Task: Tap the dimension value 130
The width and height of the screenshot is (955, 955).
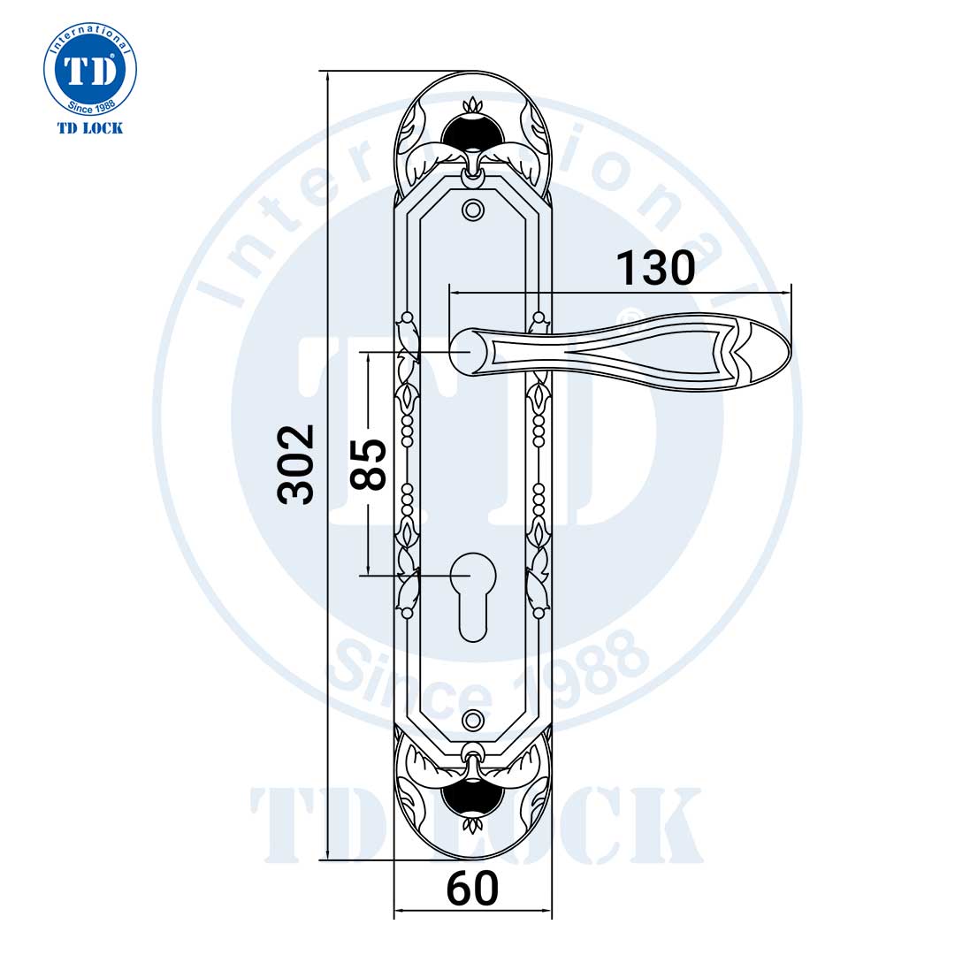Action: pyautogui.click(x=654, y=268)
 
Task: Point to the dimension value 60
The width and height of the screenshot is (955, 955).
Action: pyautogui.click(x=472, y=889)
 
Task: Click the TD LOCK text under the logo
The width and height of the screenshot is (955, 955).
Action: pyautogui.click(x=90, y=128)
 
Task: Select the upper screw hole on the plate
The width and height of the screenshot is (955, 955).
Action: pyautogui.click(x=473, y=210)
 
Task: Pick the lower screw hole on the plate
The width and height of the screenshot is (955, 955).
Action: pyautogui.click(x=473, y=718)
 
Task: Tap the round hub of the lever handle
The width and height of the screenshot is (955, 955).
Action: pyautogui.click(x=469, y=351)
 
